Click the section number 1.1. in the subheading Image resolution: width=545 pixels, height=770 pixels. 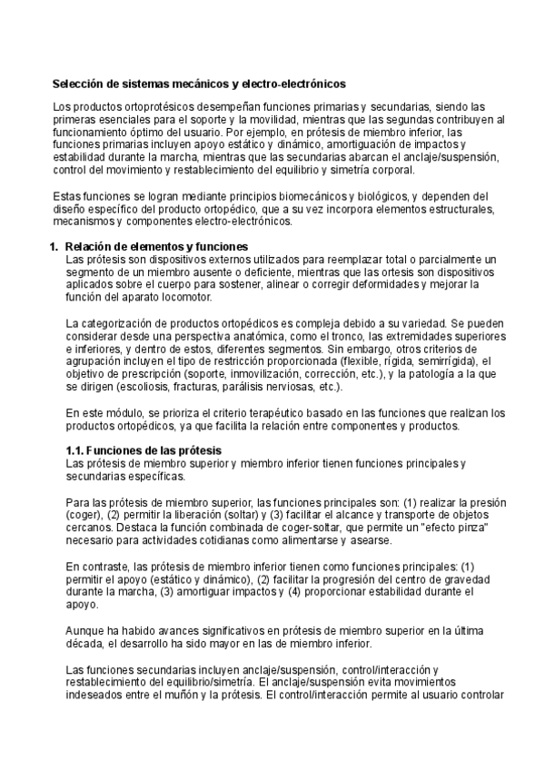tap(78, 451)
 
